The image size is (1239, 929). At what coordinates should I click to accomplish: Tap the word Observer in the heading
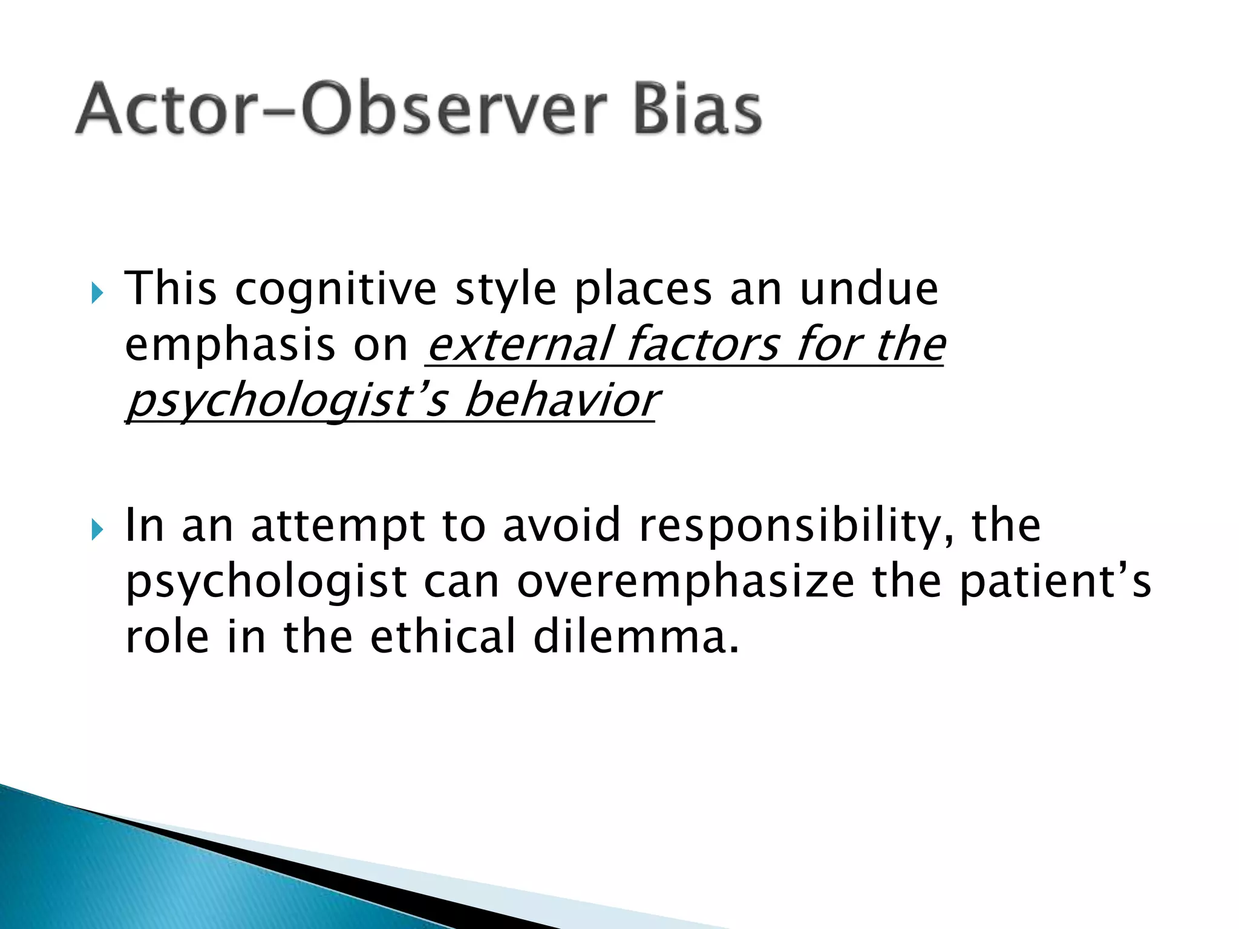click(x=454, y=109)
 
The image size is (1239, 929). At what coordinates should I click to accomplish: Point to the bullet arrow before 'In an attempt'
click(x=97, y=531)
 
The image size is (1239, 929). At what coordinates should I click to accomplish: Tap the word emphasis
click(x=230, y=346)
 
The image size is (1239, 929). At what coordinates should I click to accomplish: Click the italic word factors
click(x=702, y=345)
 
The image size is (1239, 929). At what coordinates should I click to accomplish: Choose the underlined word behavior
click(x=560, y=400)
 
